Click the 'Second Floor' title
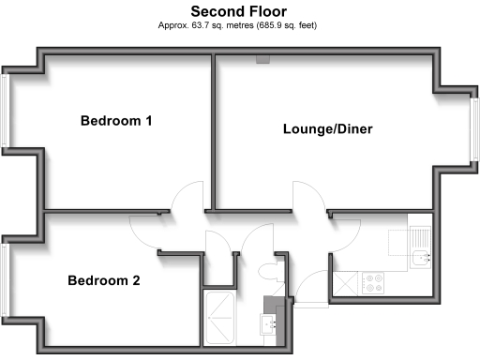(239, 11)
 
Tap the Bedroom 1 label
(116, 121)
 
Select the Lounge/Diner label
(328, 129)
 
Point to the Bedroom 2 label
(103, 280)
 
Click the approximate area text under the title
(239, 25)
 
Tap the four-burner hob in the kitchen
(373, 282)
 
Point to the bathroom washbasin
(270, 324)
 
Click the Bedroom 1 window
(6, 112)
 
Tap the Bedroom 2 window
(6, 278)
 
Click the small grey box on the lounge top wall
(263, 60)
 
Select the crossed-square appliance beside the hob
(346, 281)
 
